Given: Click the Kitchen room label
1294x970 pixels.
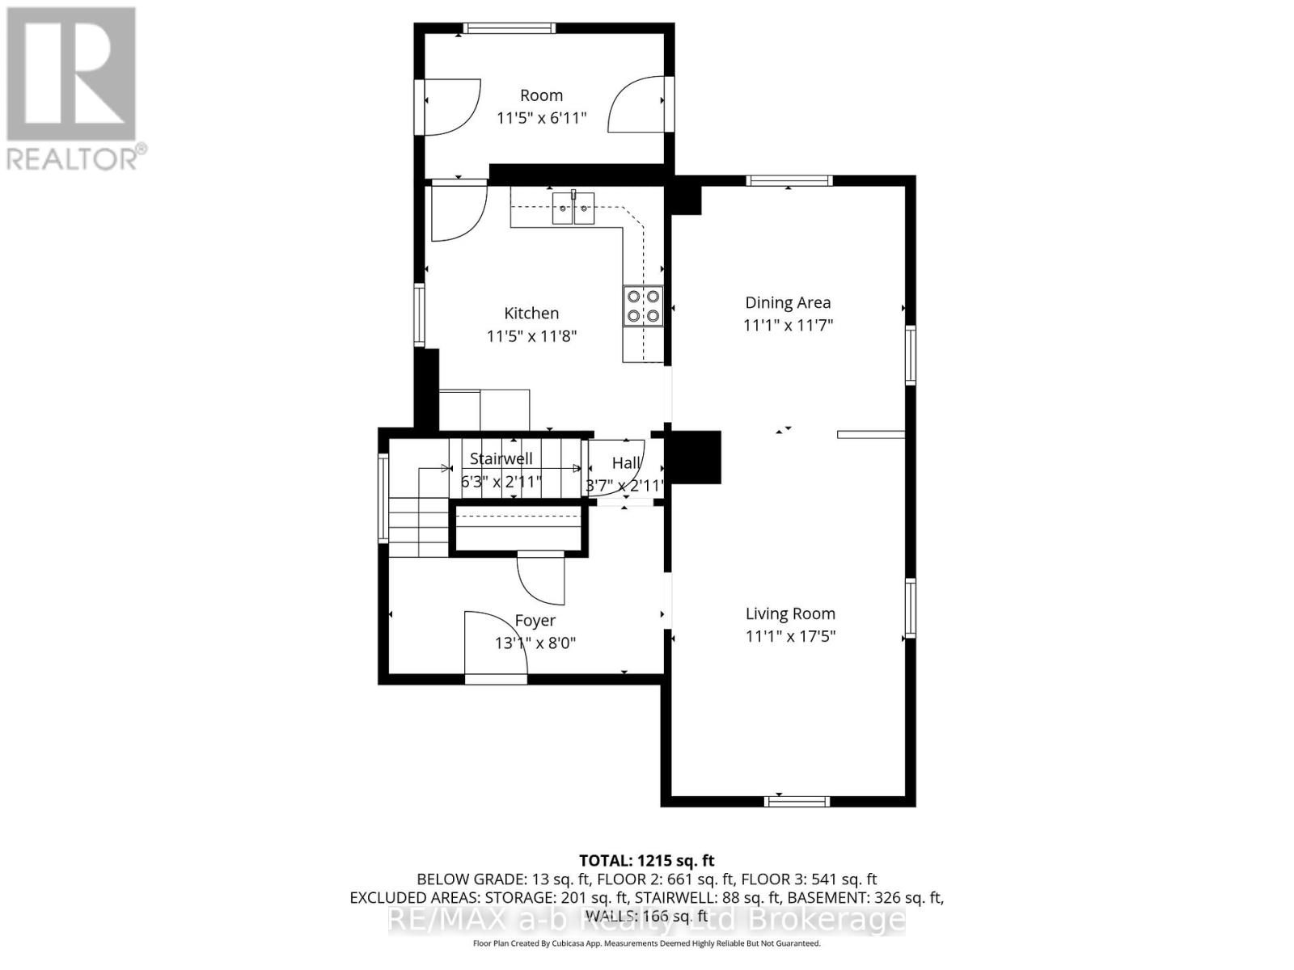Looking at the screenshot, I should click(x=531, y=314).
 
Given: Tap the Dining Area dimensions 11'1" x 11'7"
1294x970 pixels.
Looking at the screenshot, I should click(x=788, y=326).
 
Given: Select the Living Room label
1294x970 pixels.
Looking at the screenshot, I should click(x=790, y=614).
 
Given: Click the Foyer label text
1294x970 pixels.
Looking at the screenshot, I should click(x=535, y=621).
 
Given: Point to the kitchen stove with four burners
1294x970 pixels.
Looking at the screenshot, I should click(x=643, y=306).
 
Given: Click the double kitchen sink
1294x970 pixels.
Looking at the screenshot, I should click(x=573, y=209).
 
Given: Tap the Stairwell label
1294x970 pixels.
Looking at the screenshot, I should click(x=501, y=459).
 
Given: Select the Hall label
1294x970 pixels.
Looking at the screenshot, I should click(x=625, y=463).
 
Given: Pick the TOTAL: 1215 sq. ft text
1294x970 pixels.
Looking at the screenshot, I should click(x=646, y=861).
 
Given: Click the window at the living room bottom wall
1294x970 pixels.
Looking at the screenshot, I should click(x=797, y=801).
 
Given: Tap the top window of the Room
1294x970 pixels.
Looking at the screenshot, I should click(x=510, y=28).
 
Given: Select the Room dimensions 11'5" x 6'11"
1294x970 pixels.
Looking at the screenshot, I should click(x=541, y=118).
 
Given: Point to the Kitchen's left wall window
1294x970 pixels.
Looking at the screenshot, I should click(x=419, y=314).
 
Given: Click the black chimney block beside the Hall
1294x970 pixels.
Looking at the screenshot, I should click(x=696, y=457).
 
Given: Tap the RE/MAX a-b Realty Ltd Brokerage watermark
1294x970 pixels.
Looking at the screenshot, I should click(x=646, y=919).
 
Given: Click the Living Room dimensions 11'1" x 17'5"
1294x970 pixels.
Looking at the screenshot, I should click(x=790, y=637).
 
